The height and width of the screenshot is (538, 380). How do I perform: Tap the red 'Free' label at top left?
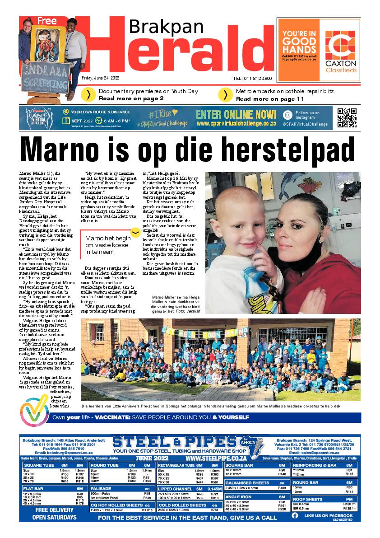point(47,21)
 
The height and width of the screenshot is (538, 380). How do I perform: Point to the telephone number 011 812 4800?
point(252,78)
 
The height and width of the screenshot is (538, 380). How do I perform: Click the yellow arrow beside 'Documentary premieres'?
point(88,94)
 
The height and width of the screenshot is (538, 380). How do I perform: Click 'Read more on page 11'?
point(270,98)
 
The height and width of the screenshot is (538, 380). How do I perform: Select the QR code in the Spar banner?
point(347,117)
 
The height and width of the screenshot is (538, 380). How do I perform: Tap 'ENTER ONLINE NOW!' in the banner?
point(236,114)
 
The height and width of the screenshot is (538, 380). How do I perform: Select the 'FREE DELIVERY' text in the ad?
point(48,511)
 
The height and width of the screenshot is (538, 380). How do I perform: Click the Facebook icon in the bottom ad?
point(295,515)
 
